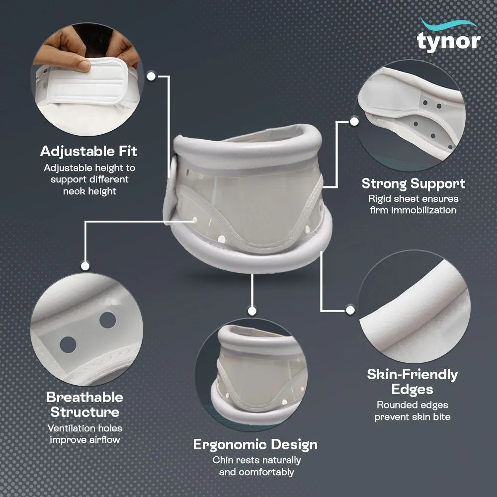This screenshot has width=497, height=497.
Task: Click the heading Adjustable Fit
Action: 88,151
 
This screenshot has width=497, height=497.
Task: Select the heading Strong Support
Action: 414,183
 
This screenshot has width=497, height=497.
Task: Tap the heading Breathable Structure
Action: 84,405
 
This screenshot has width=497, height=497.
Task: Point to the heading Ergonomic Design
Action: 255,444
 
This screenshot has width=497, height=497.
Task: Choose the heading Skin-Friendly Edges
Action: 413,381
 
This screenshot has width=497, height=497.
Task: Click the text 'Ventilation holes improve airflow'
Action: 84,433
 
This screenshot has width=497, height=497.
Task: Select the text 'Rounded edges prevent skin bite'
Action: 413,411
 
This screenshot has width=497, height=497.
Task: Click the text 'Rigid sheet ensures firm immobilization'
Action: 413,204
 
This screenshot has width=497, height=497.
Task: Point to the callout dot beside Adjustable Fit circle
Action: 152,76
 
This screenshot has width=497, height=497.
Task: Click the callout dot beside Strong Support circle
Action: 354,121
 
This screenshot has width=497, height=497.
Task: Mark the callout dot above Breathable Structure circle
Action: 85,266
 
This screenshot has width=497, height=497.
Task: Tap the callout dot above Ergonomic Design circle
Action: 252,311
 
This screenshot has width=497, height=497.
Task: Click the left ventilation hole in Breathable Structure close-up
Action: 68,343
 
